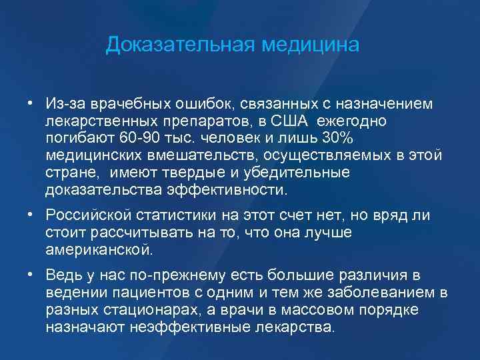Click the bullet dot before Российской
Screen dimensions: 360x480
(31, 214)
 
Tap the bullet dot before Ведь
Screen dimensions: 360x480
(31, 274)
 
